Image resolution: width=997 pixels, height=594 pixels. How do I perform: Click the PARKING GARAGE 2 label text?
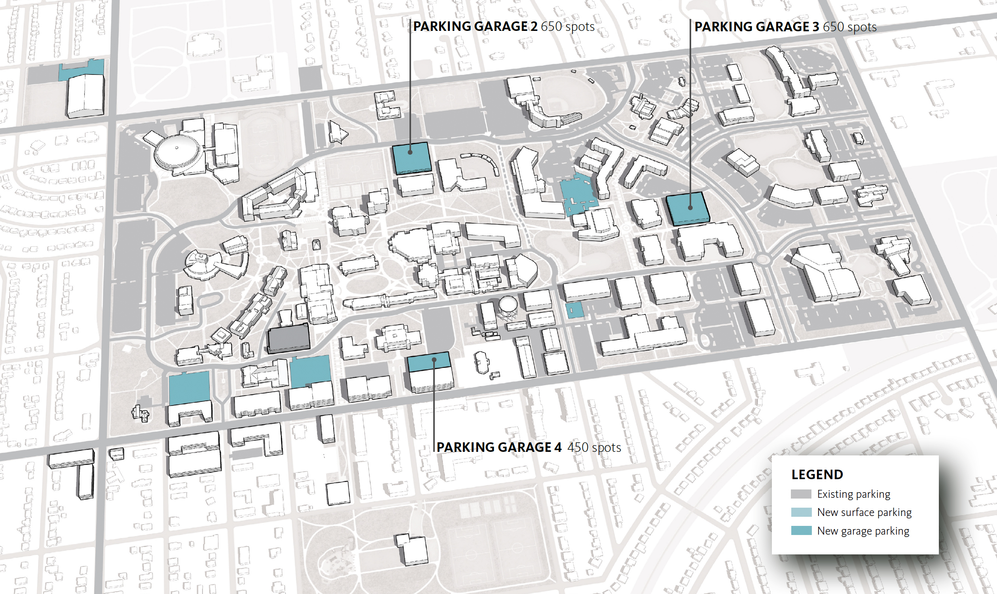[x=475, y=27]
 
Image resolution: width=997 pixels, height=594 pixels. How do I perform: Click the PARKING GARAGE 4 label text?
[x=499, y=447]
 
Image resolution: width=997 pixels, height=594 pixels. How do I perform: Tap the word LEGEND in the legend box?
[x=817, y=475]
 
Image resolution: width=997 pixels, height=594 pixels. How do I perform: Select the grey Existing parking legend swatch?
[x=801, y=494]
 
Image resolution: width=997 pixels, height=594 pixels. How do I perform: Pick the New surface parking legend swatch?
[x=801, y=512]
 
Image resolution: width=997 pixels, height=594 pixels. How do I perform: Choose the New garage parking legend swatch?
[x=801, y=531]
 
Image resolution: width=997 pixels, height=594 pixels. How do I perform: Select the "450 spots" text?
[x=594, y=447]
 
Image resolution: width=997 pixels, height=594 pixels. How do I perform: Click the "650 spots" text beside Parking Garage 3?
[x=849, y=27]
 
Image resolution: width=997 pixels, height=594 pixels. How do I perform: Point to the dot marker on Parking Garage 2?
[x=410, y=152]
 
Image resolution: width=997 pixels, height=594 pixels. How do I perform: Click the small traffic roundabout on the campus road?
[x=762, y=259]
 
